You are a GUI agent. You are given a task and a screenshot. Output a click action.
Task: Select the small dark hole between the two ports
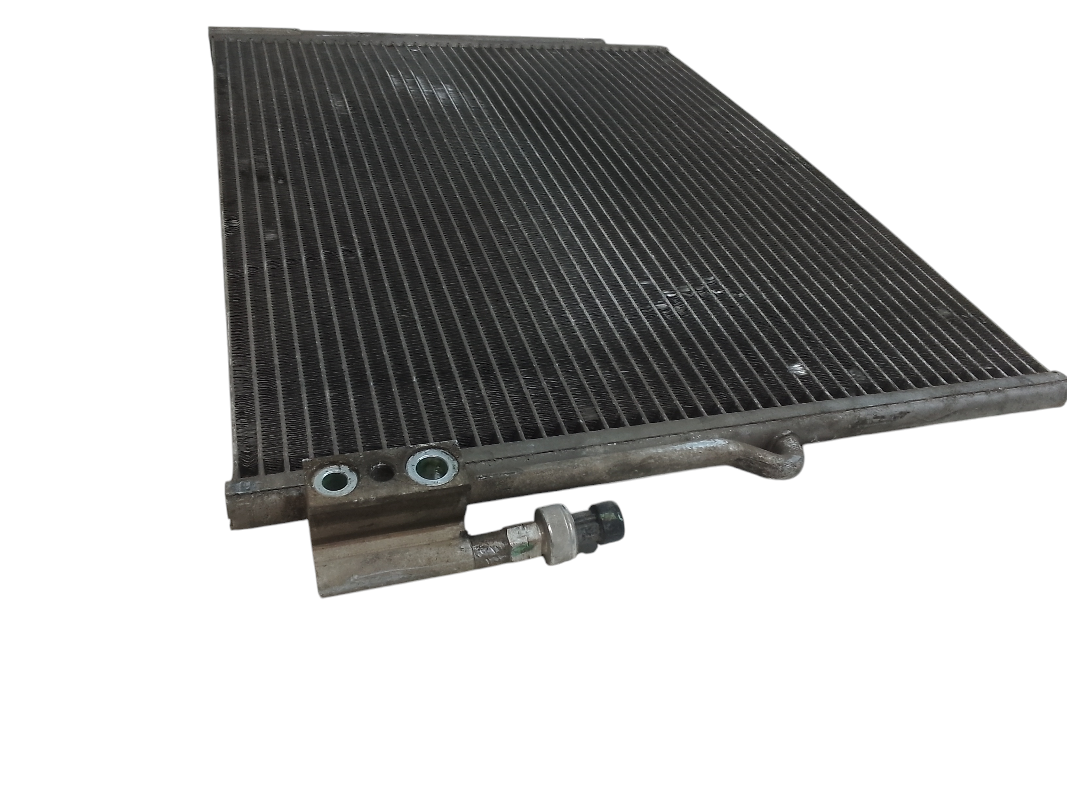pos(381,473)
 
